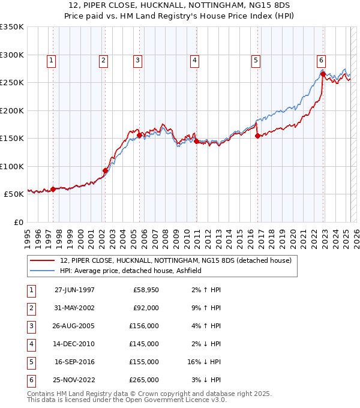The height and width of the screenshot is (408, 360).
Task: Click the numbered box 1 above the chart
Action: tap(52, 60)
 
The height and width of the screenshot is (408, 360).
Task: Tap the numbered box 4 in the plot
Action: tap(195, 60)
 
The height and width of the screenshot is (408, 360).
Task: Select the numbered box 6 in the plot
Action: tap(322, 60)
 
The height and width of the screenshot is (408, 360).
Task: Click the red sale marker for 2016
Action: tap(258, 136)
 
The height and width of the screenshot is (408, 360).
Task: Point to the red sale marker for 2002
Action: tap(105, 170)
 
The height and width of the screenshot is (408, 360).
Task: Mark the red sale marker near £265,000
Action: tap(323, 74)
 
